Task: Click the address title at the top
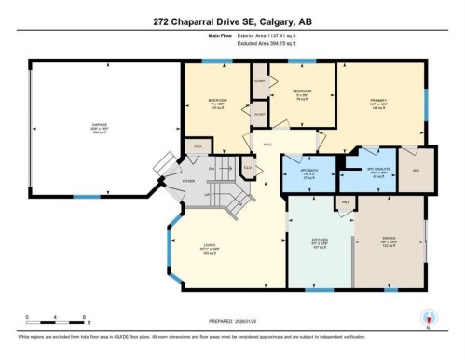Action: click(x=232, y=22)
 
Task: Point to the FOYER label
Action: click(x=187, y=182)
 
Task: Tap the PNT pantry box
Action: click(x=345, y=202)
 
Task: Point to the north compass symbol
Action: click(x=428, y=317)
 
